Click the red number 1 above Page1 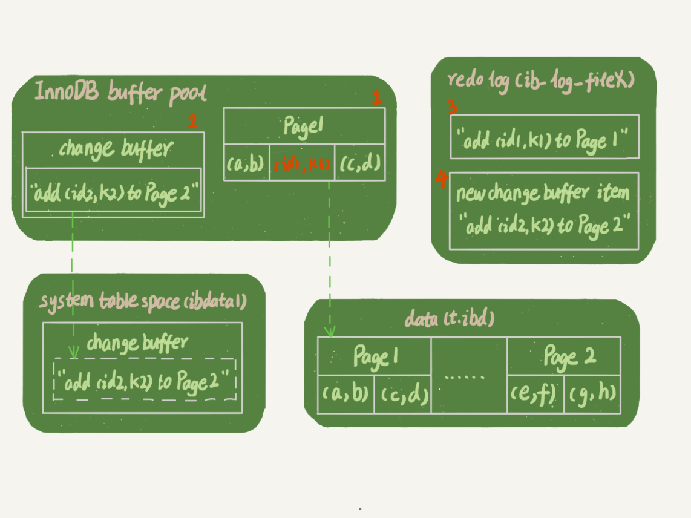click(377, 97)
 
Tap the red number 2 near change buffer click(192, 122)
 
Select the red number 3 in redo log click(451, 108)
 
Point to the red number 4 click(442, 179)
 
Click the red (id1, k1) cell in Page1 click(301, 163)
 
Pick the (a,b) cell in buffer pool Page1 click(246, 163)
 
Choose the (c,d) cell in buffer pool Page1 click(360, 163)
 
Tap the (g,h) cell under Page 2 click(592, 394)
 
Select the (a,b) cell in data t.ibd click(345, 394)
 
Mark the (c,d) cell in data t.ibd click(402, 394)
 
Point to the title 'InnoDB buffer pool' click(120, 92)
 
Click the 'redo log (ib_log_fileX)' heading click(540, 79)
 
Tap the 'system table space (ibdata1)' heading click(143, 301)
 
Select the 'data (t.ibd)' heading click(448, 319)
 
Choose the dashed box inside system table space click(145, 379)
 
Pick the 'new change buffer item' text click(543, 194)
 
